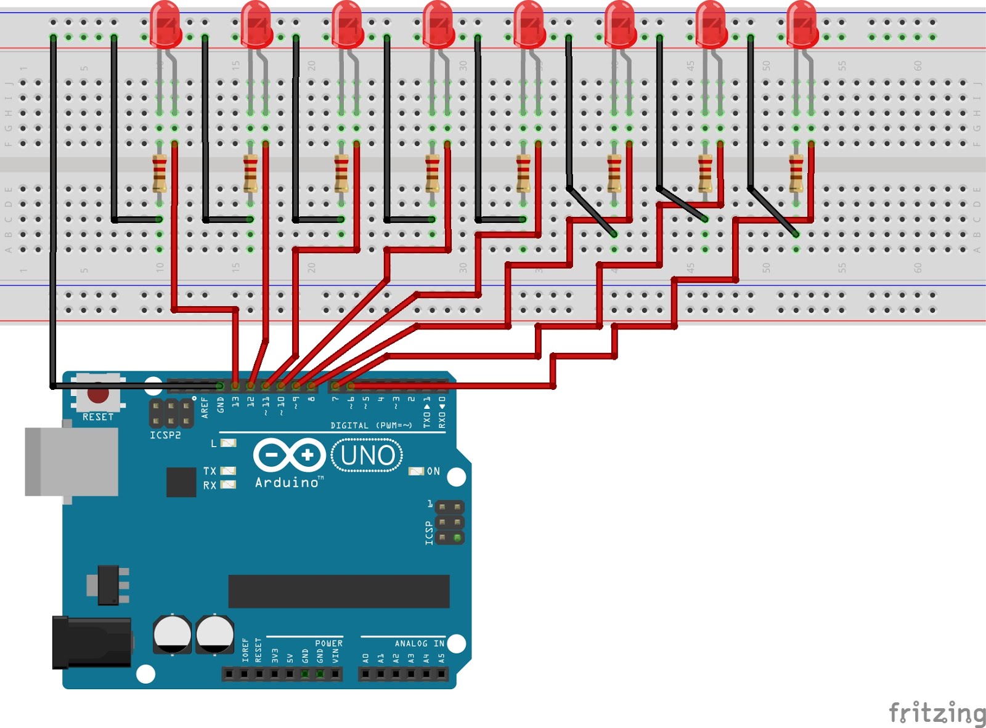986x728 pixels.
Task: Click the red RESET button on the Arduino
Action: pos(98,393)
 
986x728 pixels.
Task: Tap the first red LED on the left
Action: pos(165,25)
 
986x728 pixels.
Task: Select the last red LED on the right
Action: pos(802,25)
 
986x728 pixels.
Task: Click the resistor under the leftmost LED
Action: pos(159,174)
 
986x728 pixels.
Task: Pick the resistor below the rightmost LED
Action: pos(796,174)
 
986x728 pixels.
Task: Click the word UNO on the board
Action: pos(367,456)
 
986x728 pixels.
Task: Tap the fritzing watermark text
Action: pos(937,713)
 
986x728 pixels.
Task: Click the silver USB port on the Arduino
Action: pos(71,462)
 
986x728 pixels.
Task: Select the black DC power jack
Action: pos(91,642)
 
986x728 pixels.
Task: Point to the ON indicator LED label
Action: pos(433,471)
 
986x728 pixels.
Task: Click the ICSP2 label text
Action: pos(165,435)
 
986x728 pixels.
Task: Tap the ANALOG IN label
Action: pos(419,644)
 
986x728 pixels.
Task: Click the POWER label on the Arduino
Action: pos(328,644)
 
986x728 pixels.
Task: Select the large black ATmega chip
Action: pos(338,591)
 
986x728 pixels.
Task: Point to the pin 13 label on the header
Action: pos(235,402)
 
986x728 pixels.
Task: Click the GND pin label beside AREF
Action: pos(221,404)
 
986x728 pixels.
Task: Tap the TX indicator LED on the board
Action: pos(229,471)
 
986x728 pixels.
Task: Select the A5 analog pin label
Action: pos(441,658)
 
